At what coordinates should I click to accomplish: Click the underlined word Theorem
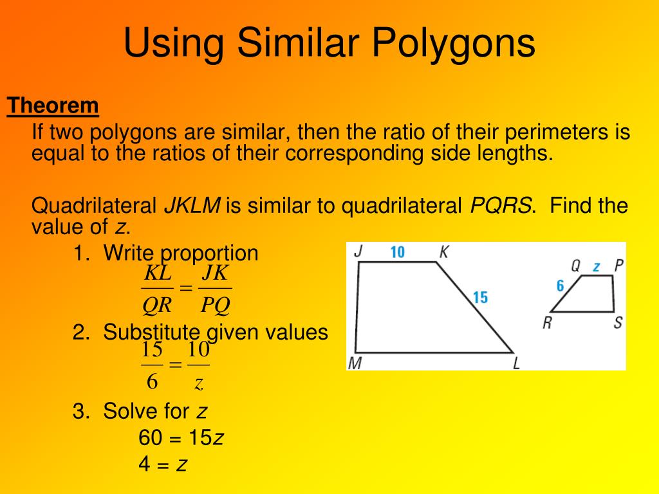pyautogui.click(x=53, y=106)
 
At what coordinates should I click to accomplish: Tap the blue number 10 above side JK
pyautogui.click(x=397, y=252)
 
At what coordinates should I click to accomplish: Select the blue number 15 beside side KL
pyautogui.click(x=480, y=297)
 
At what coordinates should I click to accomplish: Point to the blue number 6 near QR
pyautogui.click(x=560, y=286)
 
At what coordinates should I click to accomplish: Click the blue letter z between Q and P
pyautogui.click(x=597, y=266)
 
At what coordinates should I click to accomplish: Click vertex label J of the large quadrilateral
pyautogui.click(x=358, y=252)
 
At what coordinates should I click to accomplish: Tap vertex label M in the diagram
pyautogui.click(x=354, y=363)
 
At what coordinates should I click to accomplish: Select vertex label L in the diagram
pyautogui.click(x=516, y=363)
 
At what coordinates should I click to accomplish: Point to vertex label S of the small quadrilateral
pyautogui.click(x=618, y=322)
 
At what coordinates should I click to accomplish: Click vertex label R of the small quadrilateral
pyautogui.click(x=546, y=322)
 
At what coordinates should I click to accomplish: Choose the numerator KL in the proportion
pyautogui.click(x=158, y=273)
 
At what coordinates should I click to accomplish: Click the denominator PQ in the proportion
pyautogui.click(x=215, y=305)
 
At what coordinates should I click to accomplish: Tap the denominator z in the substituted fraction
pyautogui.click(x=199, y=384)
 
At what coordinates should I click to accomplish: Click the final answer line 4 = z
pyautogui.click(x=163, y=463)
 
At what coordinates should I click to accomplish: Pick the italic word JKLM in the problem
pyautogui.click(x=192, y=206)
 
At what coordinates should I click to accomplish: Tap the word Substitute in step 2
pyautogui.click(x=151, y=333)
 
